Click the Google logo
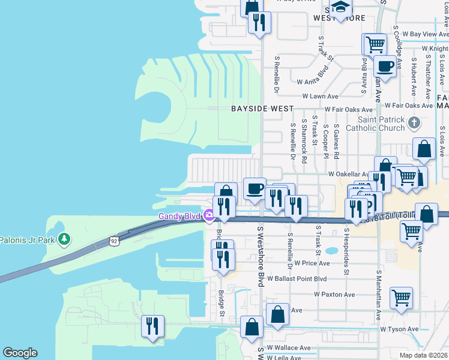coord(20,353)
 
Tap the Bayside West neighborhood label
coord(262,109)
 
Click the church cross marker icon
coord(412,123)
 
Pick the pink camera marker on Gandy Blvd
coord(208,215)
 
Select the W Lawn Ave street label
coord(320,96)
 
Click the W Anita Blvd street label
coord(313,77)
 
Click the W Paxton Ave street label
coord(334,295)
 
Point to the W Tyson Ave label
coord(399,329)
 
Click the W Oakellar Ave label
coord(351,174)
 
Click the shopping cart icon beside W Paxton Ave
coord(401,296)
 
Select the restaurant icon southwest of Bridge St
coord(152,326)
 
